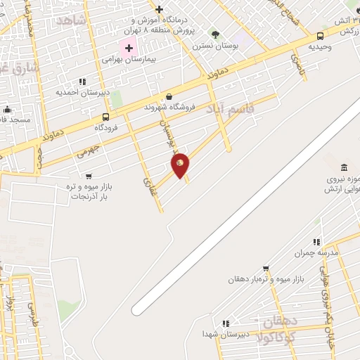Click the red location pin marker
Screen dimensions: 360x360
point(181,165)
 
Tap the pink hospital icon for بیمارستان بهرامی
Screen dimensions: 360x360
point(128,49)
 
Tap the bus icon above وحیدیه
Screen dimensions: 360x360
point(321,36)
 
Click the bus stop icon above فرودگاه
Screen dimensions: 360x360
point(105,117)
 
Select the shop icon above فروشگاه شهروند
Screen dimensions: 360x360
point(169,96)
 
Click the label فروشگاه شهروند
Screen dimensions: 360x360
point(165,107)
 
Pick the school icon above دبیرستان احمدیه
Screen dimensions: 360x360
point(82,82)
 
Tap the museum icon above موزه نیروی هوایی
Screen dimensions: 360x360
point(344,167)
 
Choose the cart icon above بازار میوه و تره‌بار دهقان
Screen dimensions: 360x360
point(266,268)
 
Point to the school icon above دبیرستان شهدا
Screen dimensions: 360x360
point(225,323)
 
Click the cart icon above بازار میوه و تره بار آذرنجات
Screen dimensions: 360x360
point(89,176)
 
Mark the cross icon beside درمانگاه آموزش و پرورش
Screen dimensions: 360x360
point(160,9)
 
